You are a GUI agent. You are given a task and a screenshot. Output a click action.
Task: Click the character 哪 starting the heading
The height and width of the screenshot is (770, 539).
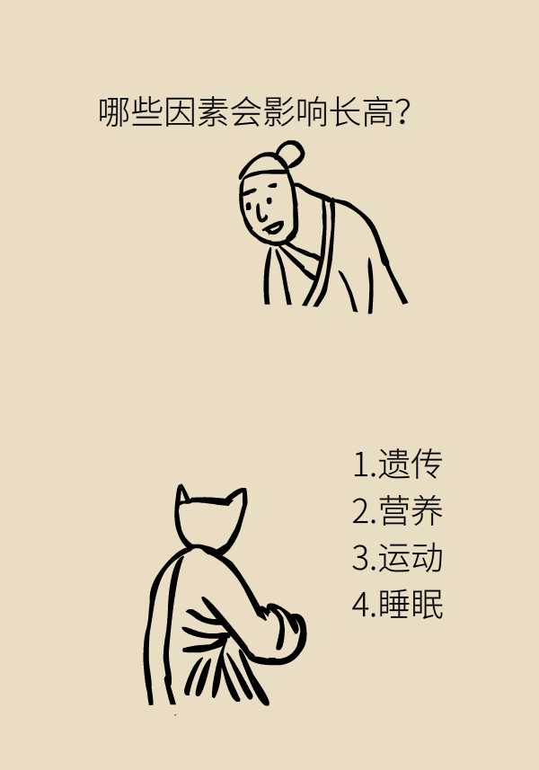(114, 113)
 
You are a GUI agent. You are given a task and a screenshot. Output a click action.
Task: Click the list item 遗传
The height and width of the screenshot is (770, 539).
(411, 463)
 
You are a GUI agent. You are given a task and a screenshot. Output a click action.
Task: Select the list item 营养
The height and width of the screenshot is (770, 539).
(411, 510)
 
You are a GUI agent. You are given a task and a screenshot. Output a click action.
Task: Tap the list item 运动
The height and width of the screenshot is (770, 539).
(411, 557)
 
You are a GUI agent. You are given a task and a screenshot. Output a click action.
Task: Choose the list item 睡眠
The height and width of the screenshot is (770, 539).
(411, 604)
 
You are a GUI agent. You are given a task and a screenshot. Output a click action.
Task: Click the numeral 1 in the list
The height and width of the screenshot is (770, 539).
(361, 465)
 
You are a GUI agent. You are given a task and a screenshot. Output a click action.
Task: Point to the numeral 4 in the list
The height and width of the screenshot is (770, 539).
(361, 605)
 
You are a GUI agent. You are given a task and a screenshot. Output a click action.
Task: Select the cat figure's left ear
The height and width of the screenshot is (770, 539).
(182, 495)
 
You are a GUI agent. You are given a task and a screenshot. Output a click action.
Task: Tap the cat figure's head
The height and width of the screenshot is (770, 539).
(210, 520)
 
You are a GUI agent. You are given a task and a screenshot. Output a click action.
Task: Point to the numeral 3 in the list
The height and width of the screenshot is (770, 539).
(361, 558)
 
